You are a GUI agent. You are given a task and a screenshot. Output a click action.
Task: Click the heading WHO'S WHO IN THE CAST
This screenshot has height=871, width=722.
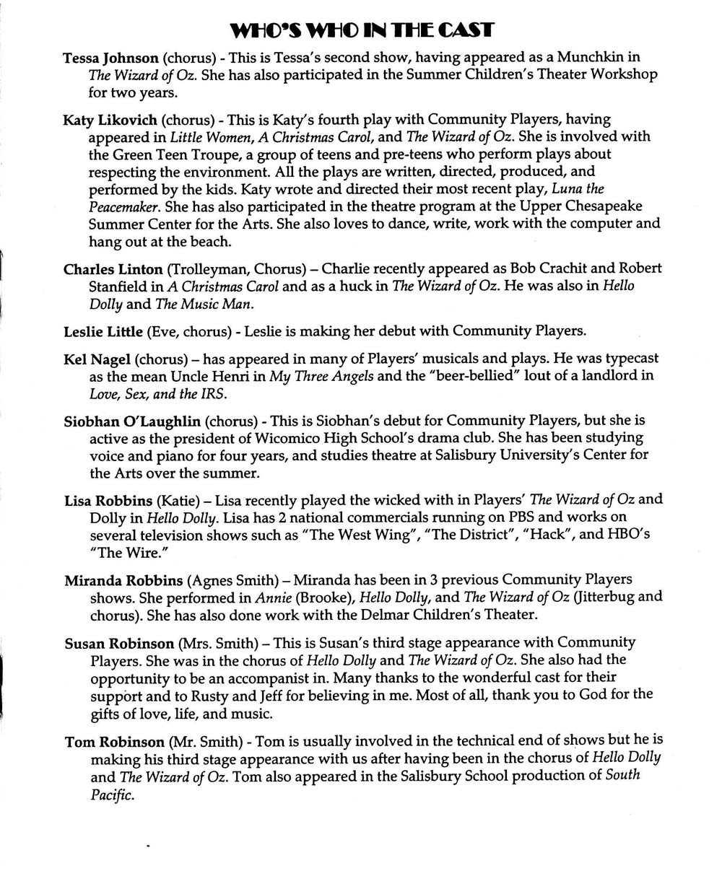point(361,30)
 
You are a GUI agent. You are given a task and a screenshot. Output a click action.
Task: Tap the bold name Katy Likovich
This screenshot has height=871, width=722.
point(110,119)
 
